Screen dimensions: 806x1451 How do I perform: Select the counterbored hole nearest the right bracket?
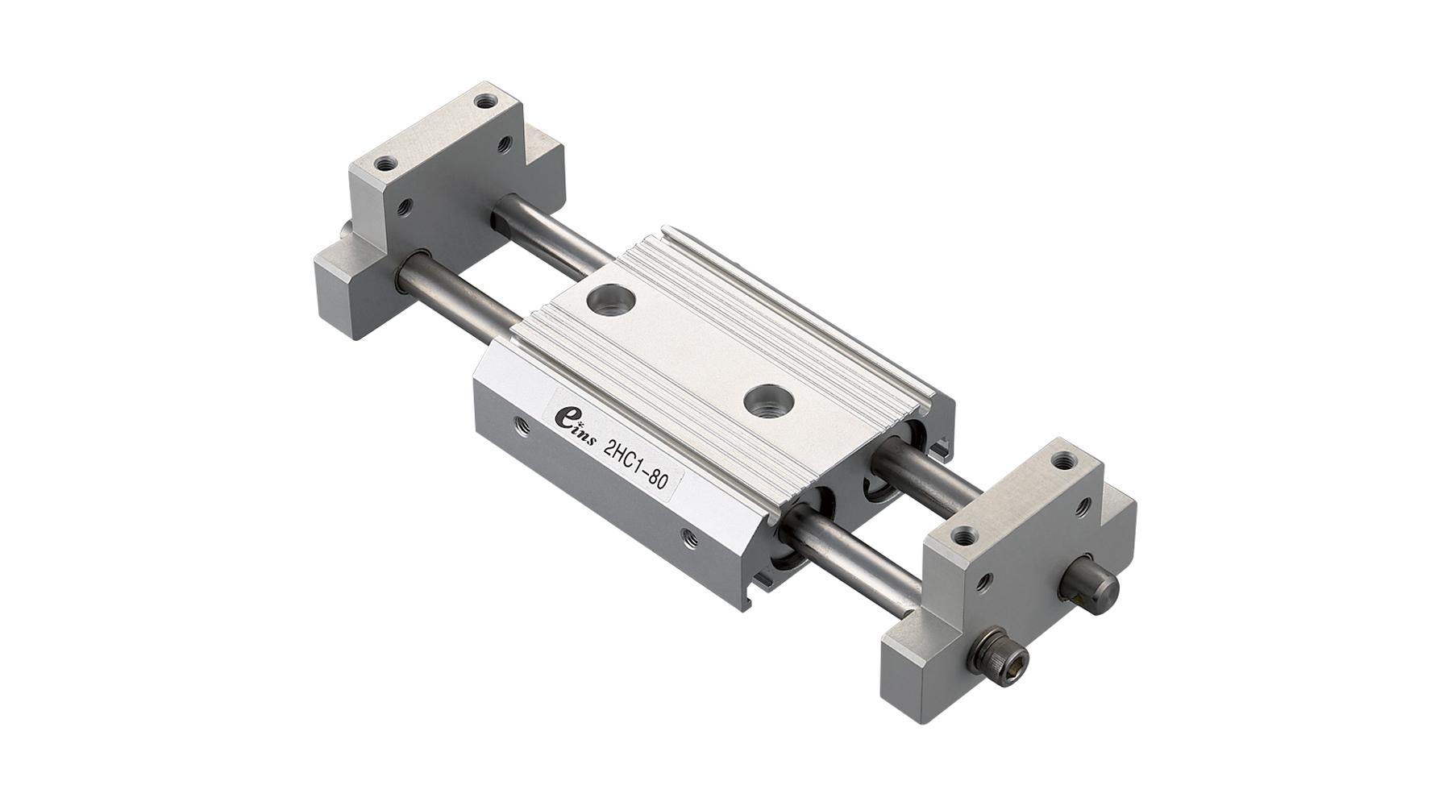767,401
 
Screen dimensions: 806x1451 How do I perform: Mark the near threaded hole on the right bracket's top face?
961,536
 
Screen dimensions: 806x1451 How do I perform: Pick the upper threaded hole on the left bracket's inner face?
505,145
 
